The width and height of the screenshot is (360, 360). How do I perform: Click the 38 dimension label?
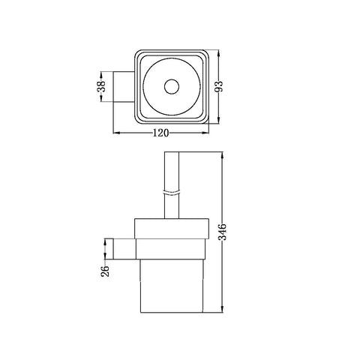[x=101, y=86]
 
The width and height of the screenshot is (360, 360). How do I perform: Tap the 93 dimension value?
[x=219, y=86]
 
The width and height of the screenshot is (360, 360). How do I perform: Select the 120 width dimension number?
[x=160, y=133]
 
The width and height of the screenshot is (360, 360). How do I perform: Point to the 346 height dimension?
[x=222, y=232]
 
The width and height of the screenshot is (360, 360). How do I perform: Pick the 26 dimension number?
[x=105, y=271]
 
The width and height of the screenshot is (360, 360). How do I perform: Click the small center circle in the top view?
[x=172, y=87]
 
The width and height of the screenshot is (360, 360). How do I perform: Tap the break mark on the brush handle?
[x=172, y=192]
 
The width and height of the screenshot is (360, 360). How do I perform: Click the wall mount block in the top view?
[x=124, y=87]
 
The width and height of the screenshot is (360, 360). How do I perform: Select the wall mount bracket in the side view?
[x=124, y=249]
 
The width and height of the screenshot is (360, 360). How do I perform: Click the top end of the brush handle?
[x=172, y=152]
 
